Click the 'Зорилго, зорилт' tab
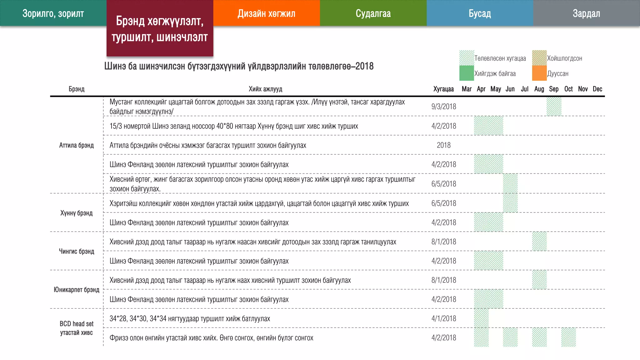pos(53,13)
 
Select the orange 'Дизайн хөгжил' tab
pos(266,13)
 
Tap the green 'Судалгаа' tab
pos(373,13)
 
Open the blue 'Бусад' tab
pos(480,13)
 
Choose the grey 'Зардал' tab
pos(586,13)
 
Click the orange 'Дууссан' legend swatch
pos(539,73)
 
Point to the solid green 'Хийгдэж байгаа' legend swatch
pos(467,73)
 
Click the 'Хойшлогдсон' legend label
pos(564,58)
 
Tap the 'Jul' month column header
pos(525,89)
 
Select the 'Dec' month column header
pos(597,89)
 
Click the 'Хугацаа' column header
pos(443,89)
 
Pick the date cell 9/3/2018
pos(444,107)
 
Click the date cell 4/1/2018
pos(444,318)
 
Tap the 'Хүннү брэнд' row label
pos(77,213)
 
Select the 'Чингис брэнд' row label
pos(77,251)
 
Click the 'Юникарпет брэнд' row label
pos(77,290)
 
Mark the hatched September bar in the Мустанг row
pos(554,107)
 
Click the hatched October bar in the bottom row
pos(568,337)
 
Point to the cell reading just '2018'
pos(444,145)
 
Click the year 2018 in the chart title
pos(364,66)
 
